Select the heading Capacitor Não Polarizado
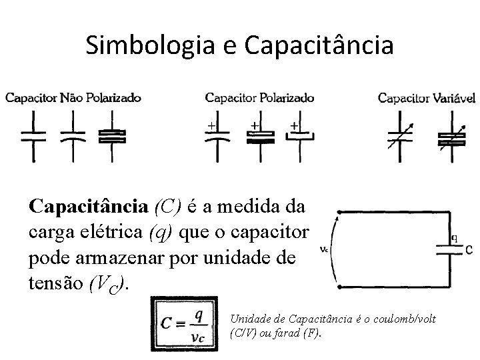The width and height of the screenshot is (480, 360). (x=73, y=98)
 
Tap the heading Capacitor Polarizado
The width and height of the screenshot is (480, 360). (x=259, y=98)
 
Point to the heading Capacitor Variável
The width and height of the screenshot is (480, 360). (x=427, y=99)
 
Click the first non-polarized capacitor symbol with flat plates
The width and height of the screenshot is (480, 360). (x=33, y=137)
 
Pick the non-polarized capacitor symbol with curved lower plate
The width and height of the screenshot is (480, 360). (x=73, y=137)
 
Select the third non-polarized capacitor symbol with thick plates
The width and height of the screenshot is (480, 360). (x=111, y=137)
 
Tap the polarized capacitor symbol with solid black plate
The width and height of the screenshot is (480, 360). (x=261, y=137)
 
